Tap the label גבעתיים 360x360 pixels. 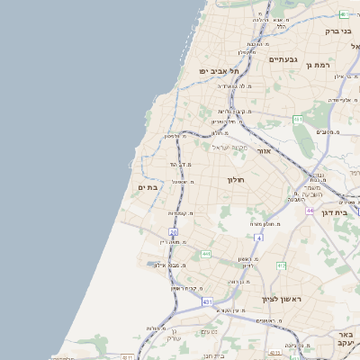coord(282,59)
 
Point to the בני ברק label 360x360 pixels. coord(343,31)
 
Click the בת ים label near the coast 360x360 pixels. coord(147,187)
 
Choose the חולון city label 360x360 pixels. coord(236,180)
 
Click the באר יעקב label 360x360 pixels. coord(346,337)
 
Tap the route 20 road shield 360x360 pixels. coord(173,232)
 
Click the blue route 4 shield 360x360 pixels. coord(257,238)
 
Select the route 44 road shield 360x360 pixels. coord(309,211)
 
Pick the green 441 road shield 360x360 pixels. coord(205,255)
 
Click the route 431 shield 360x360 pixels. coord(207,302)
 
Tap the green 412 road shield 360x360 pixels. coord(281,265)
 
